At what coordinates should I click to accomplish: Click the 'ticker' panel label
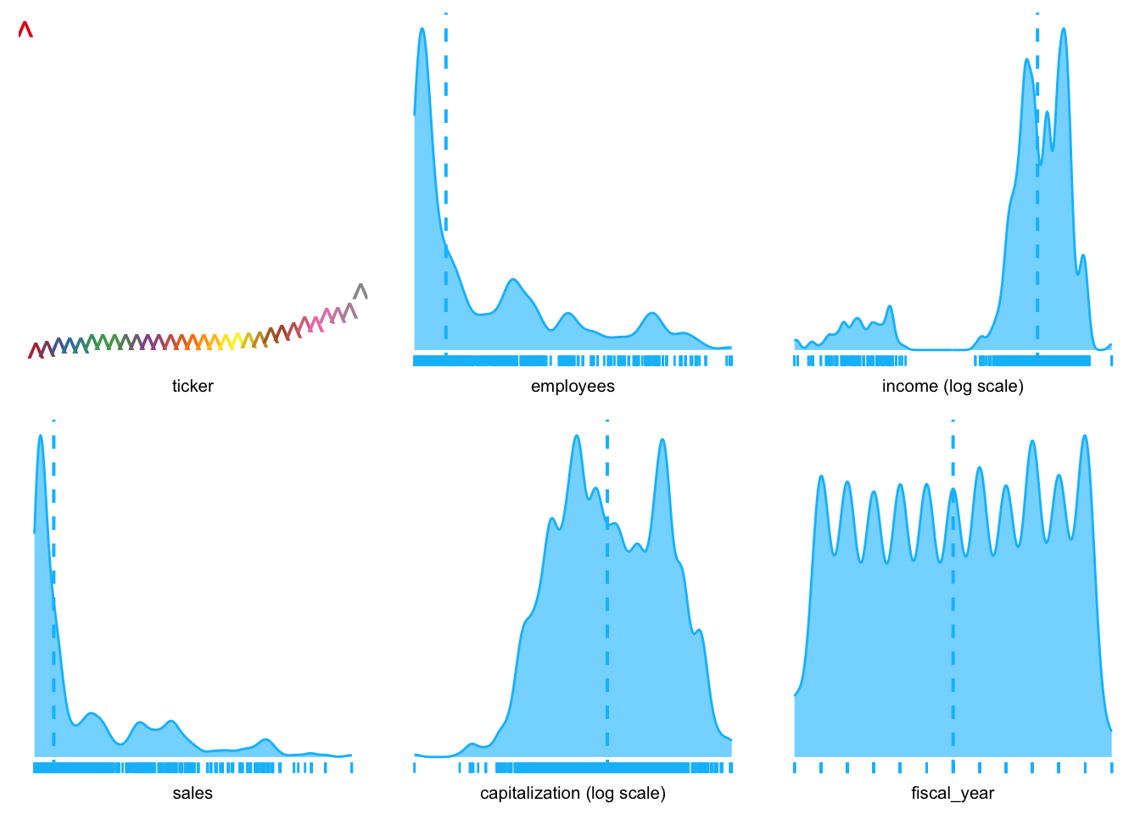[193, 387]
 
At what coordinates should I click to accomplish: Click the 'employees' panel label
[573, 387]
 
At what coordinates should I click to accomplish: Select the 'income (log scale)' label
[953, 387]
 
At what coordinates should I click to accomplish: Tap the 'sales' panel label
[193, 794]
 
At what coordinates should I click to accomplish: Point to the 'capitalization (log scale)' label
[573, 794]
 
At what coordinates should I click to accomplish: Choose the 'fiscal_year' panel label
[953, 794]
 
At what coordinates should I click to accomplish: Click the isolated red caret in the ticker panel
[25, 30]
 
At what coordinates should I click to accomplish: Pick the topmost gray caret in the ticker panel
[360, 291]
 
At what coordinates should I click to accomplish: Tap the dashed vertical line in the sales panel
[53, 594]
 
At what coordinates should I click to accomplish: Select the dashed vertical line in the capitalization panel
[607, 594]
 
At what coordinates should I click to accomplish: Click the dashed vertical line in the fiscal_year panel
[953, 594]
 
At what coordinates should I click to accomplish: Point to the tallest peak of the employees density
[422, 30]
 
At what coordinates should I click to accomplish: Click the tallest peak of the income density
[1063, 30]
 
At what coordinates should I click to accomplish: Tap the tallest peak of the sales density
[40, 436]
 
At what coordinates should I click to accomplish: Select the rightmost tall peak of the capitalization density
[662, 440]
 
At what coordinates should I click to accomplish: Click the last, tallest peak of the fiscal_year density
[1085, 437]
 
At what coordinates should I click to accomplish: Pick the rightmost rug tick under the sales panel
[351, 767]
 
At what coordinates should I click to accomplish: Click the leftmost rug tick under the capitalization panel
[415, 767]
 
